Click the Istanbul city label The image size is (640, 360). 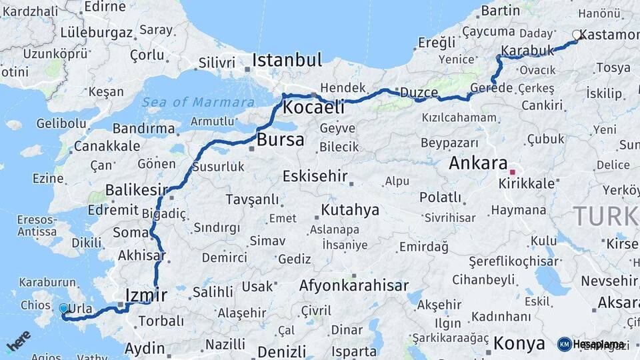coord(287,60)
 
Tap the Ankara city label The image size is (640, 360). coord(479,163)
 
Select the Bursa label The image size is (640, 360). coord(280,140)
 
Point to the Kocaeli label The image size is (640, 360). coord(313,107)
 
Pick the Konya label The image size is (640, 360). coord(519,344)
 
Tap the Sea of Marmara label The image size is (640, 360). coord(197,102)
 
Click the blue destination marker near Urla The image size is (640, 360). coord(63,309)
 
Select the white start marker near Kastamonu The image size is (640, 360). coord(577,35)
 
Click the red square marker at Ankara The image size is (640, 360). coord(512,162)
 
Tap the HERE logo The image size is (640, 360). coord(18,339)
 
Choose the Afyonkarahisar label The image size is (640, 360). coord(354,286)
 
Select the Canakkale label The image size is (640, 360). coord(108,145)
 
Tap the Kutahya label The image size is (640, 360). coord(350,211)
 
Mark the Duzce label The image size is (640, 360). coord(418,93)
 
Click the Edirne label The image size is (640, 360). coord(106,7)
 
